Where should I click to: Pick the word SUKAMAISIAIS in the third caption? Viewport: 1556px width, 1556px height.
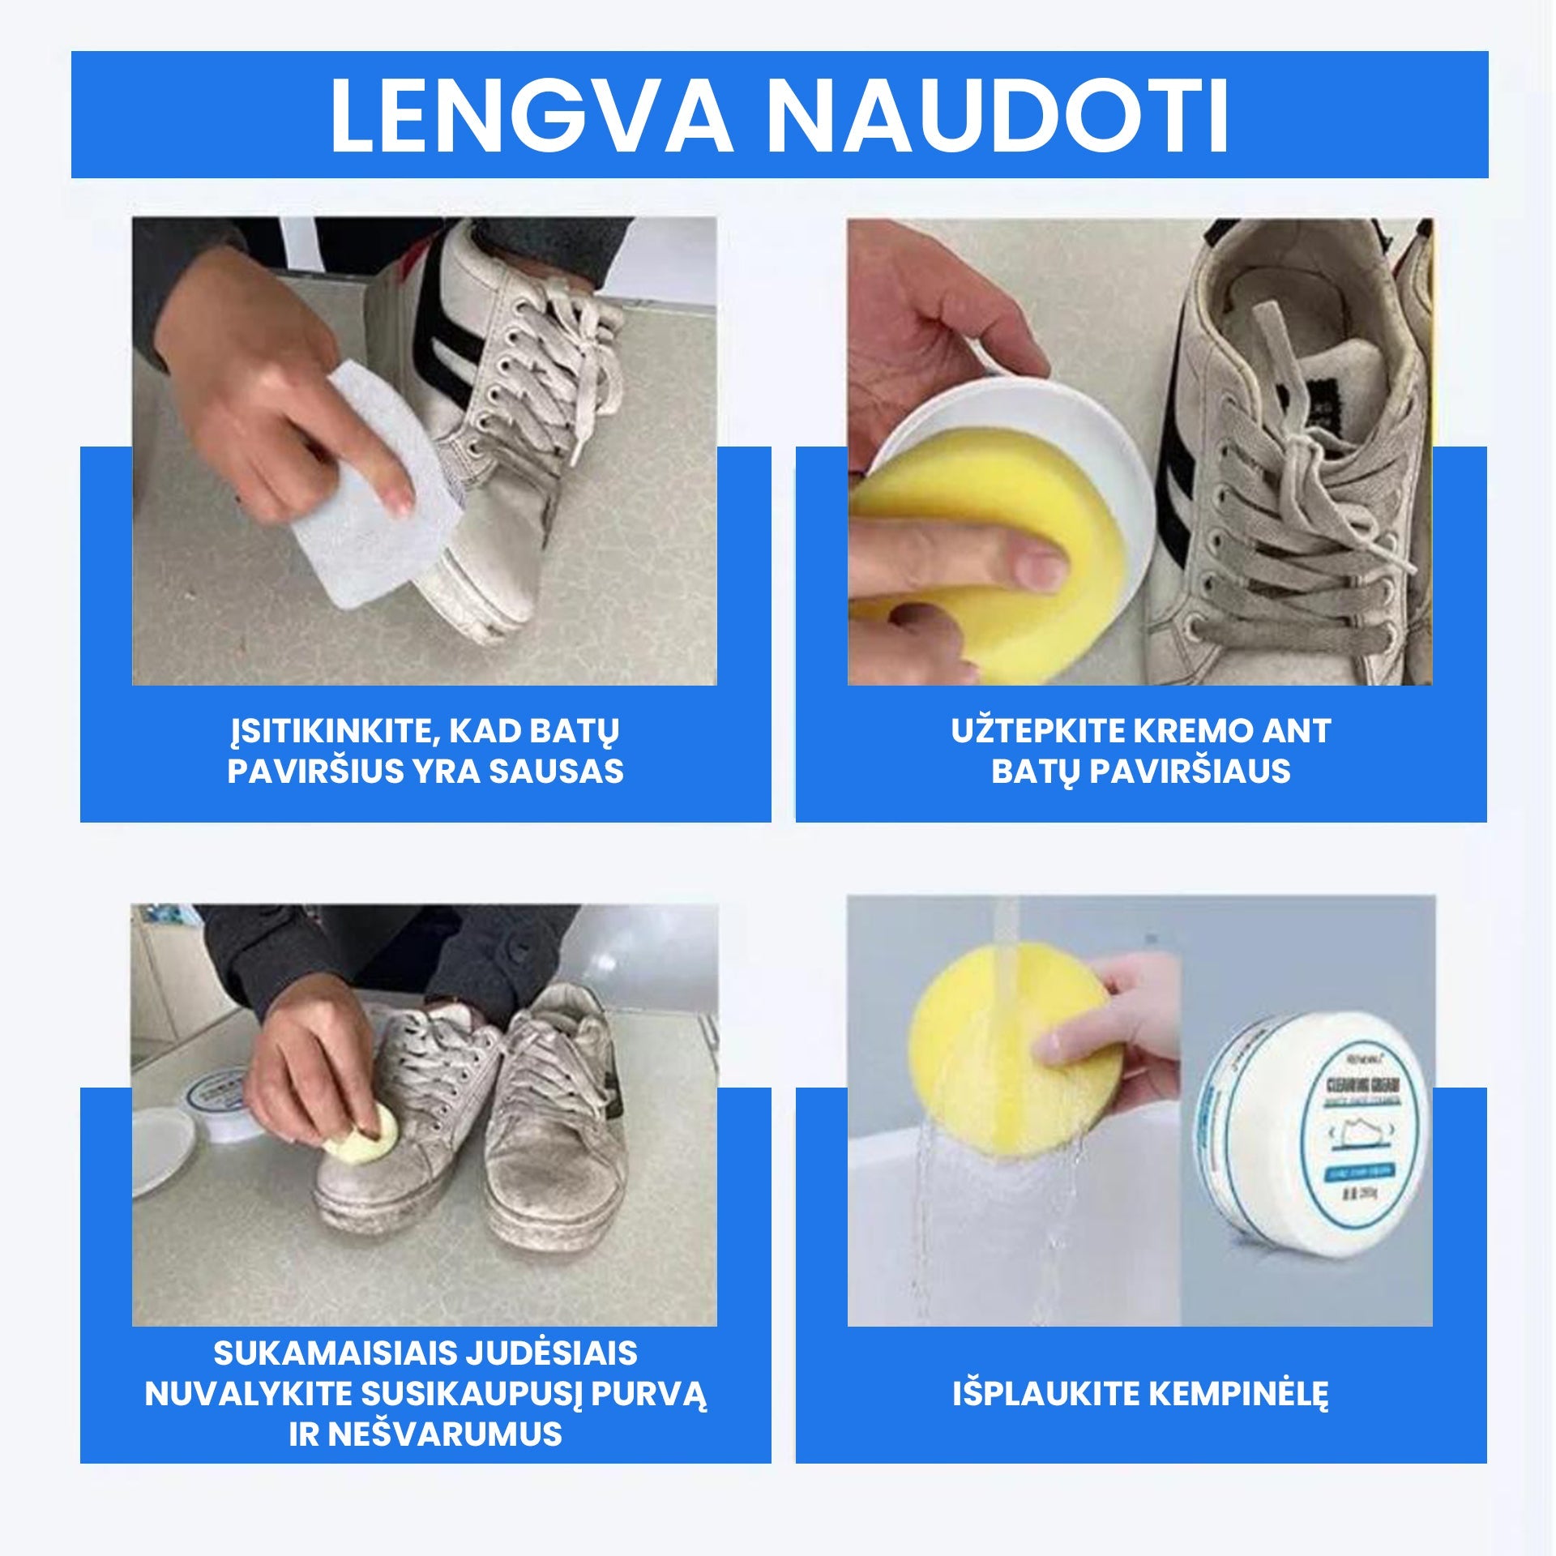329,1353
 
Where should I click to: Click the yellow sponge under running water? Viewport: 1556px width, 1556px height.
1013,1054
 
